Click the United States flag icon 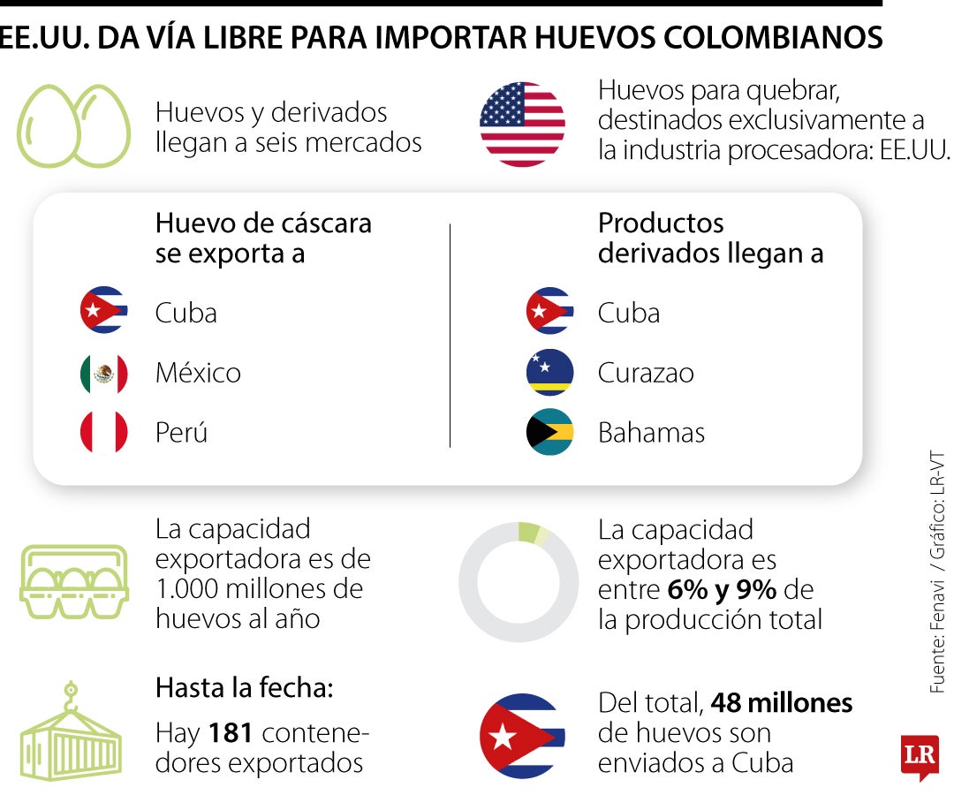(522, 125)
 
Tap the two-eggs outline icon (74, 126)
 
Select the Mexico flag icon (104, 374)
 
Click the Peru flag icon (104, 433)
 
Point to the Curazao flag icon (549, 373)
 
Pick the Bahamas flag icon (549, 433)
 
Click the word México (198, 373)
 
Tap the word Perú (181, 433)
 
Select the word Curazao (646, 373)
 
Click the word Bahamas (651, 433)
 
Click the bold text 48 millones (782, 703)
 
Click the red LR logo (920, 756)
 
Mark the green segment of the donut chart (529, 532)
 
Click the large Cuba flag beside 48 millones (522, 736)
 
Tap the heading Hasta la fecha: (245, 688)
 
